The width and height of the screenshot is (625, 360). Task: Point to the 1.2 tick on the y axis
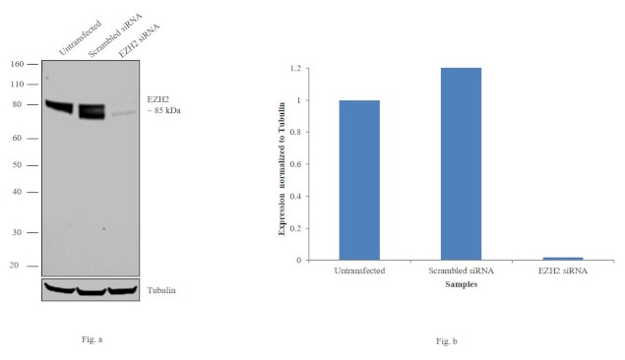[294, 69]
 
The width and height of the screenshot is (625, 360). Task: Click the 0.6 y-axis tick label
[294, 164]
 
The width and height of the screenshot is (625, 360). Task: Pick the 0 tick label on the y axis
[298, 261]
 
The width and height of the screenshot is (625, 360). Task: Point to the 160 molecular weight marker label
[17, 64]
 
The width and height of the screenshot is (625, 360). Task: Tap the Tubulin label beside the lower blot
[161, 289]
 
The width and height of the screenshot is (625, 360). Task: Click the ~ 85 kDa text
[163, 110]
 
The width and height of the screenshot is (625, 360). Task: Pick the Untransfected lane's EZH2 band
[61, 105]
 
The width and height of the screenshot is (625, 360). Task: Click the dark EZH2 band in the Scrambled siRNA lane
[92, 110]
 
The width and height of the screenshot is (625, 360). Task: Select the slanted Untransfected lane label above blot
[79, 37]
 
